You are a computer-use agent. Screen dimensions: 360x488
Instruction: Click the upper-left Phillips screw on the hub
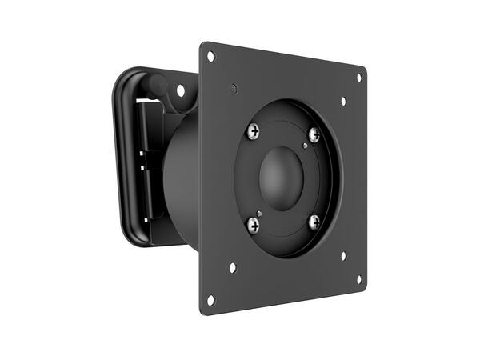click(254, 130)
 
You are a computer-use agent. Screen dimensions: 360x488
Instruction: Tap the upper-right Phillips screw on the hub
click(314, 135)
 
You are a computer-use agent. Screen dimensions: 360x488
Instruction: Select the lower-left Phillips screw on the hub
click(253, 226)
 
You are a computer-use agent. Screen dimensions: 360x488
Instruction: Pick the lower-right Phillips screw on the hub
click(314, 221)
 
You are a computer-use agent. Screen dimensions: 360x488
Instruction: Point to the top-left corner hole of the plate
click(211, 57)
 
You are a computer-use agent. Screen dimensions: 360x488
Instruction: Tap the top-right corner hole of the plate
click(358, 78)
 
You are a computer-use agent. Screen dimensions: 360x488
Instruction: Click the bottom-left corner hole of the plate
click(211, 300)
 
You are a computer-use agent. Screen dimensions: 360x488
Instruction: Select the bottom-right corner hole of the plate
click(358, 279)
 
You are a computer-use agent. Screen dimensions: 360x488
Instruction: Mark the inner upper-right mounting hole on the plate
click(343, 102)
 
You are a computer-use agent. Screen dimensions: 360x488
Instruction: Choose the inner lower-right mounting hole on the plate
click(343, 256)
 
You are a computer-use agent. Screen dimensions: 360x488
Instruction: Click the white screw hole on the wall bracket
click(181, 90)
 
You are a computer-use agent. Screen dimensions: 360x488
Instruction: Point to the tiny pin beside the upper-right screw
click(306, 145)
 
